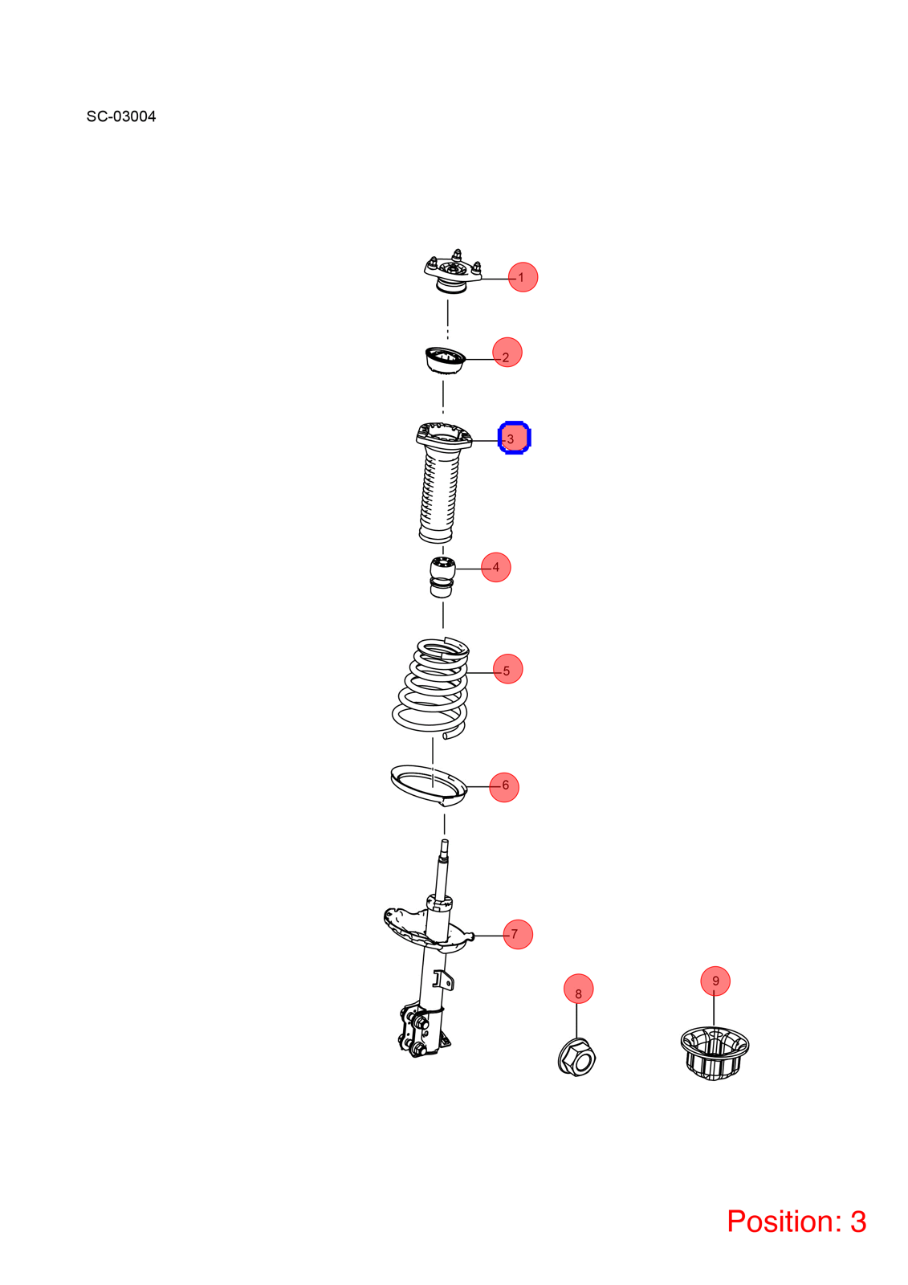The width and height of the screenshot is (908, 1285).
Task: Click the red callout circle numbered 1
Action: [523, 277]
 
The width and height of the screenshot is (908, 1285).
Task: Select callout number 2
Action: [507, 353]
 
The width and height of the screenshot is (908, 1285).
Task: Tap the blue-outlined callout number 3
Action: [514, 438]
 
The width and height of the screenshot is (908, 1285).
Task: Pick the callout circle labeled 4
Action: [495, 567]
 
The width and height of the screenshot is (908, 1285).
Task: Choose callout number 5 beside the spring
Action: [507, 668]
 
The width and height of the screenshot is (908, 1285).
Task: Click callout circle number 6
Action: [503, 787]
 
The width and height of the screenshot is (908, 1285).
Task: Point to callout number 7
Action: [517, 934]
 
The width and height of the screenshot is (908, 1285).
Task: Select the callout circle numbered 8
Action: [578, 989]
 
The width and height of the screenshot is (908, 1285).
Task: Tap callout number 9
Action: [715, 981]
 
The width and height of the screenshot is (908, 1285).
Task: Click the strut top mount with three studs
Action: [453, 274]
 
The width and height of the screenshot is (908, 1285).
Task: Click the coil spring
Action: [431, 687]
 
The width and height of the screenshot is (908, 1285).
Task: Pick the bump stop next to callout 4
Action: [442, 577]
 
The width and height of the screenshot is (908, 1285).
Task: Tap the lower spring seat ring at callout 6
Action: [429, 785]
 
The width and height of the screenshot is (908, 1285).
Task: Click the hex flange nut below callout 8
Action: [576, 1057]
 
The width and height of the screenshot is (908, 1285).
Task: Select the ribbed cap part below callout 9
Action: [715, 1053]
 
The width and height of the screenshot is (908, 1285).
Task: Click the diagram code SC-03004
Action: [121, 116]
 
